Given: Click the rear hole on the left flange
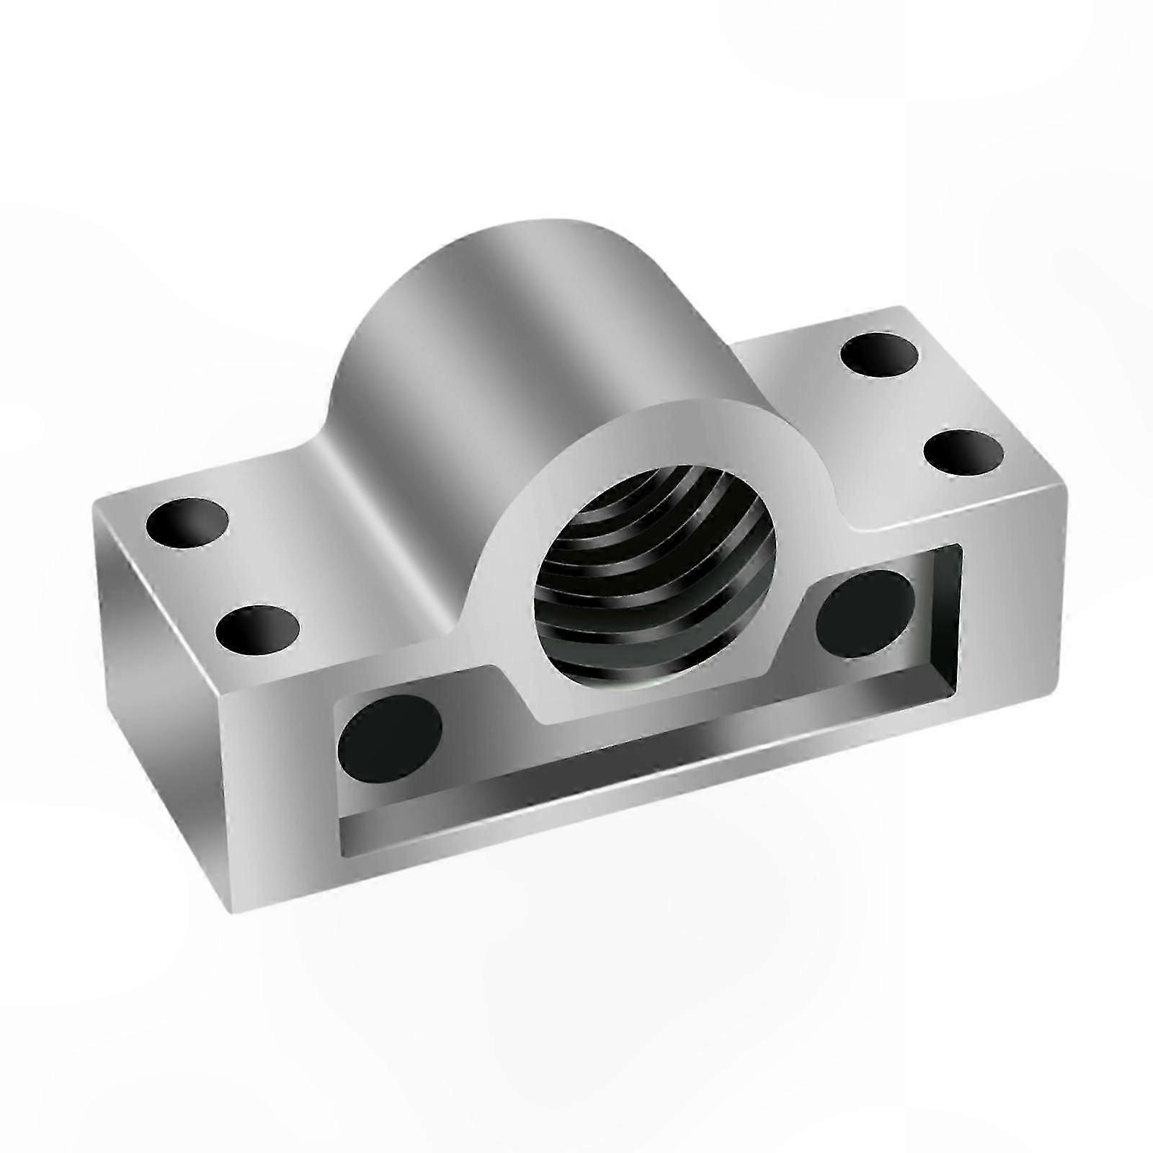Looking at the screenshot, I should click(187, 522).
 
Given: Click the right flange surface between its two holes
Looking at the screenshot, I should click(922, 404).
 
